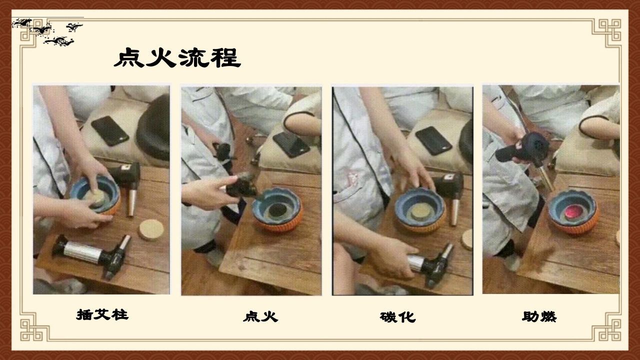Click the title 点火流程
(x=177, y=58)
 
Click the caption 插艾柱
(x=102, y=314)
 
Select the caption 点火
(x=260, y=316)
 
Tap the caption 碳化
(x=397, y=317)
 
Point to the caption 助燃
(x=539, y=316)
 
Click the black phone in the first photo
(x=109, y=130)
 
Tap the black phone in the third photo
(x=433, y=140)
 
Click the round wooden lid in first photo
(x=151, y=229)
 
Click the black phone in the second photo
(x=291, y=144)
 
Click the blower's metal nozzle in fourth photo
(x=546, y=179)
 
